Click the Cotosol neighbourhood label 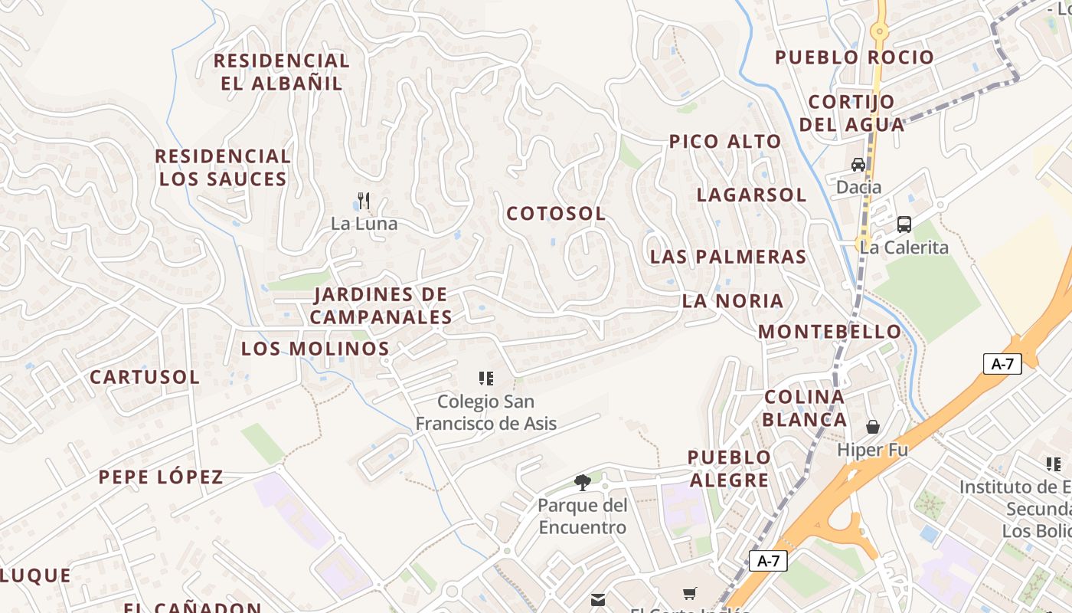coord(556,214)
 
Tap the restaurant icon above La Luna coord(364,202)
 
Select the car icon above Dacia coord(858,165)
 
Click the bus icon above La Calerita coord(904,225)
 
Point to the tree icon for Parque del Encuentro coord(583,482)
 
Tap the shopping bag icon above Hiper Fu coord(872,427)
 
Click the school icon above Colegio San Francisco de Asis coord(486,378)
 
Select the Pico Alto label coord(725,142)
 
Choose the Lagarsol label coord(751,195)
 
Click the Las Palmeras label coord(728,257)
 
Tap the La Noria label coord(733,301)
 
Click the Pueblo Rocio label coord(855,57)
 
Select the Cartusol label coord(145,377)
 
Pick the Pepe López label coord(161,477)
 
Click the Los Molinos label coord(315,349)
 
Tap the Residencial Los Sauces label coord(223,168)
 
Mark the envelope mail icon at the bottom coord(598,599)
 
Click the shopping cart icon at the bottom coord(690,594)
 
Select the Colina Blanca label coord(805,408)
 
